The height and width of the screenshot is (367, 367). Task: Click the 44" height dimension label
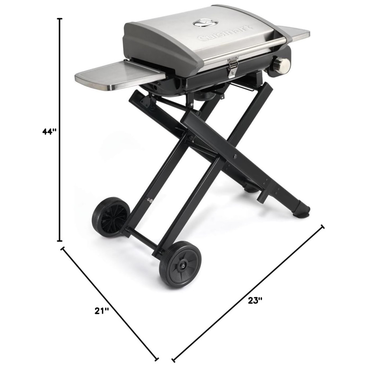point(50,131)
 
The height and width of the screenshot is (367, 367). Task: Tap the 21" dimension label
point(102,311)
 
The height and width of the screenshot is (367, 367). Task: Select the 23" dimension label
point(255,300)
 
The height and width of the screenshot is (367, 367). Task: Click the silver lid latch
point(232,69)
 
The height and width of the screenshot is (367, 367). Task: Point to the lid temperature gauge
point(205,23)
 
